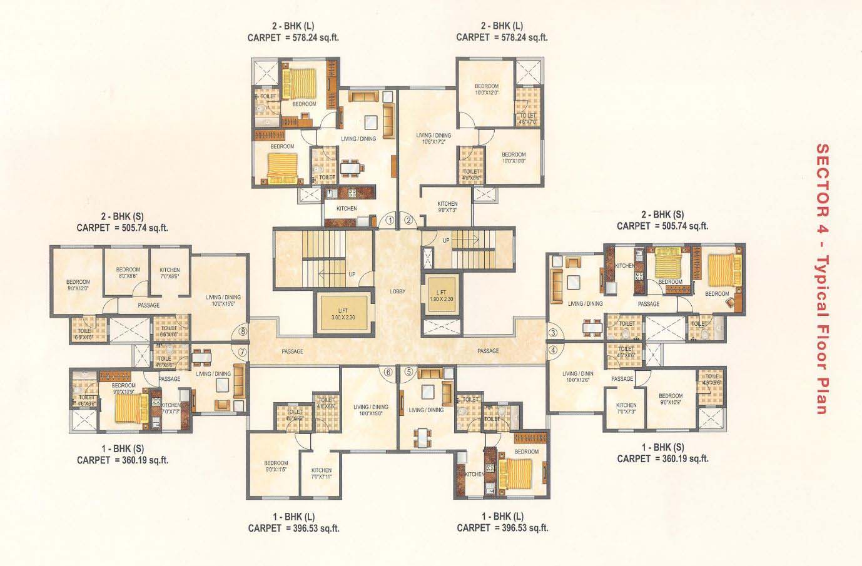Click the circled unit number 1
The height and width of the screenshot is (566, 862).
(389, 220)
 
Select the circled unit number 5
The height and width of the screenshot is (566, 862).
(409, 371)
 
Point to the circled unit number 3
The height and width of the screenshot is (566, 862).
(553, 332)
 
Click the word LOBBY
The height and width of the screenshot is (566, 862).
(398, 291)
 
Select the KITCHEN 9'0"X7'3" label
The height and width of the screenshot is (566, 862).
(447, 207)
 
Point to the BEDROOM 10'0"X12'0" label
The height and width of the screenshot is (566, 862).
(486, 89)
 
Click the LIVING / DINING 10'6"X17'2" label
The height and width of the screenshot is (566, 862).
(434, 138)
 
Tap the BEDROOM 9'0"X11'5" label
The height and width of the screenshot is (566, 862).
(276, 466)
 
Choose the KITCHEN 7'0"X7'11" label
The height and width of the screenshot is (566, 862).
(322, 473)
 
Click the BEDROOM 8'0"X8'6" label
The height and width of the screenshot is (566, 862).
(128, 273)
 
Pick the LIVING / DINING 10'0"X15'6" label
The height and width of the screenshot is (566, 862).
(223, 300)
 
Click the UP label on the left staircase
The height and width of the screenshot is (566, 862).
(352, 274)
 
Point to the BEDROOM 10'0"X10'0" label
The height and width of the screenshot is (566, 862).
(513, 158)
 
